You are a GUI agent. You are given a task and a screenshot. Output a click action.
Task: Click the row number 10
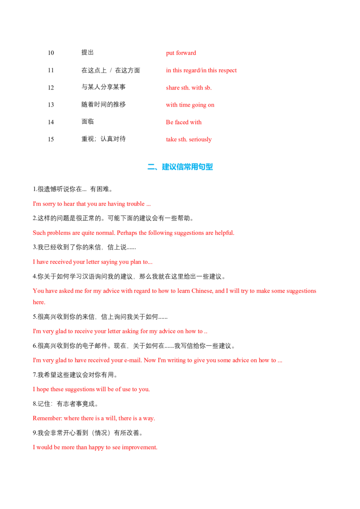coord(51,53)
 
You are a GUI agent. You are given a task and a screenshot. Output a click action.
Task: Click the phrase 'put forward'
coord(181,53)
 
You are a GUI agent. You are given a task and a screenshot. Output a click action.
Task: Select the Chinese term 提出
coord(87,53)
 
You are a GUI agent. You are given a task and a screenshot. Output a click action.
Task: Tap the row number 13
coord(51,105)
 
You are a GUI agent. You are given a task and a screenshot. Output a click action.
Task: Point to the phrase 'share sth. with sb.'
coord(189,88)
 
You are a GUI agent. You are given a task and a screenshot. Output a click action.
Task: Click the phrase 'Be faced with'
coord(184,122)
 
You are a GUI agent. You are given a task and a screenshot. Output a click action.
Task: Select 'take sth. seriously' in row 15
coord(189,139)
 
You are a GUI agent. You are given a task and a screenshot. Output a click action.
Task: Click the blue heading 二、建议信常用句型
coord(180,167)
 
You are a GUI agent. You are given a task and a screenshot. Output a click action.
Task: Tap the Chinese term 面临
coord(87,122)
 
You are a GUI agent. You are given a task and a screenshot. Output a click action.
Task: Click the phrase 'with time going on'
coord(190,105)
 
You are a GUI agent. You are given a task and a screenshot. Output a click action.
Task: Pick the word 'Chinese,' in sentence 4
coord(202,291)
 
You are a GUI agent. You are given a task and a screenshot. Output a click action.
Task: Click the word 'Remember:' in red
coord(47,418)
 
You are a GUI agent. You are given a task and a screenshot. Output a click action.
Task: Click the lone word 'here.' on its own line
coord(39,302)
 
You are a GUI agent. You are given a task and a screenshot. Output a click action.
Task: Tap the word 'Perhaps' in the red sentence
coord(127,233)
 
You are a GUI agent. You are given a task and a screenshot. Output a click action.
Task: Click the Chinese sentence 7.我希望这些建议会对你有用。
coord(75,375)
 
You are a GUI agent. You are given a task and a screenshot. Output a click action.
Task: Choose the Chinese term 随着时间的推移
coord(103,104)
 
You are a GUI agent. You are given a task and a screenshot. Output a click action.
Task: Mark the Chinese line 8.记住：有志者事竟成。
coord(66,404)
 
